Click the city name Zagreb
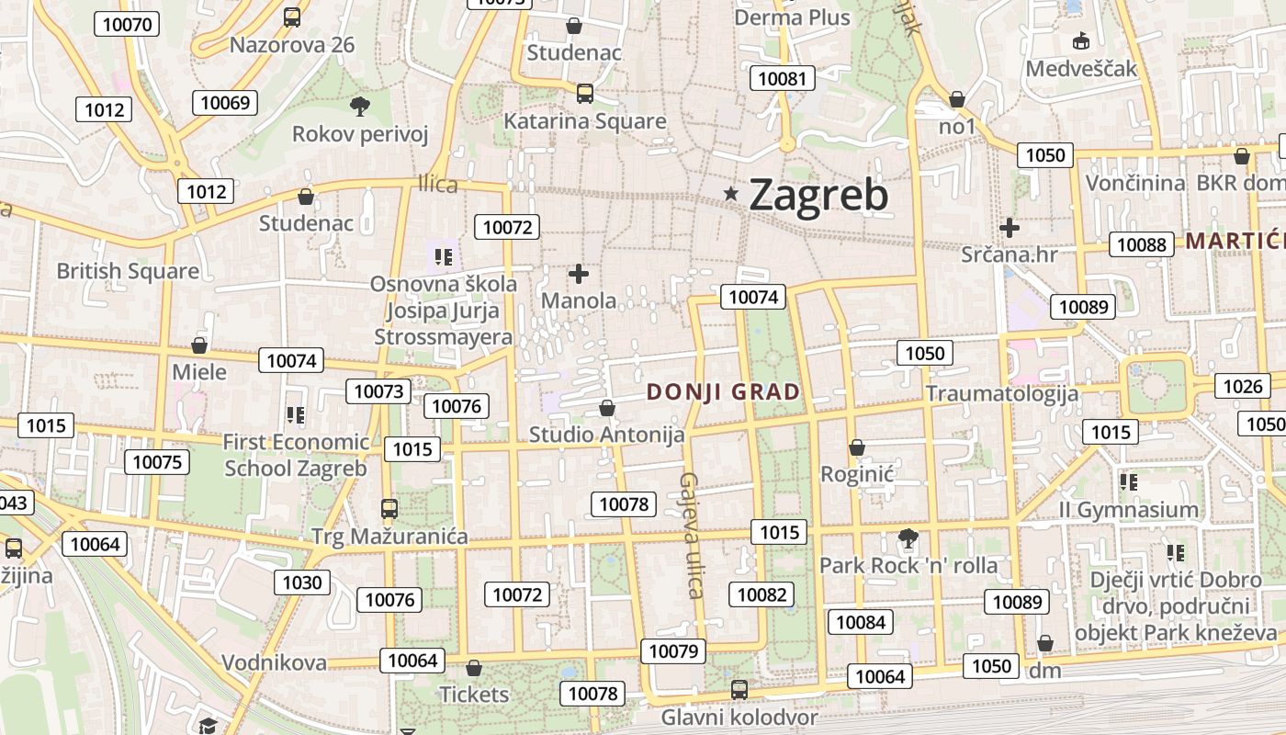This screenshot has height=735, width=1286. (x=818, y=195)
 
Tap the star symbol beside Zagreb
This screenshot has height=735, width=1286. (x=731, y=193)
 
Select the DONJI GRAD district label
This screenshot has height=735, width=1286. (x=724, y=392)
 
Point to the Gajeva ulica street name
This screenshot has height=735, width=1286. (x=691, y=535)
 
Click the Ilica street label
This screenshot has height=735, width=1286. (x=437, y=184)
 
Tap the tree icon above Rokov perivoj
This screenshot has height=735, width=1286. (x=359, y=107)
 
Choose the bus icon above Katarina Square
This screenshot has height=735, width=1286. (x=584, y=93)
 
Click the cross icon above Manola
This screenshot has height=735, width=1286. (x=578, y=273)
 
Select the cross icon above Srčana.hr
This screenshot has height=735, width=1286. (x=1010, y=227)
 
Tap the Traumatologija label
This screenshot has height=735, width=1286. (x=1001, y=393)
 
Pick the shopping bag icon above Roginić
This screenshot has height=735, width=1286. (x=856, y=447)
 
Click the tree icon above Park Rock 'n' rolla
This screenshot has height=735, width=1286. (x=908, y=537)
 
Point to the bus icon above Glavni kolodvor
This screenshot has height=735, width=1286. (x=739, y=689)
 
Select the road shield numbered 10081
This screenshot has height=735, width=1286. (x=783, y=78)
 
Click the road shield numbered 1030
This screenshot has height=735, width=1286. (x=302, y=582)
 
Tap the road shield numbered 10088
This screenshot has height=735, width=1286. (x=1142, y=244)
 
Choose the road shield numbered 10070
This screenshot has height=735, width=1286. (x=128, y=24)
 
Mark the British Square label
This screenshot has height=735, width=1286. (x=128, y=271)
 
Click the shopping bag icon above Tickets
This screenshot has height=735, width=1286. (x=474, y=668)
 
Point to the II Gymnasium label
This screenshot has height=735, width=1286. (x=1128, y=509)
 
